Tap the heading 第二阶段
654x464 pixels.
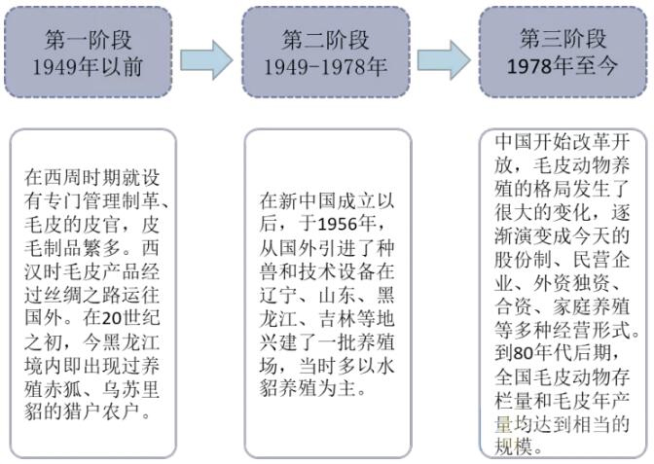coord(325,40)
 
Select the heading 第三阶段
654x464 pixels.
coord(563,39)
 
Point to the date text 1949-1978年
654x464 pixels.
coord(325,67)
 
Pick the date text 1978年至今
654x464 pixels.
coord(563,66)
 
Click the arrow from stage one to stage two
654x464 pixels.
coord(206,59)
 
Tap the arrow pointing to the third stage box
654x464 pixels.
coord(444,59)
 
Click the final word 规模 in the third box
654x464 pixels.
coord(517,445)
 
